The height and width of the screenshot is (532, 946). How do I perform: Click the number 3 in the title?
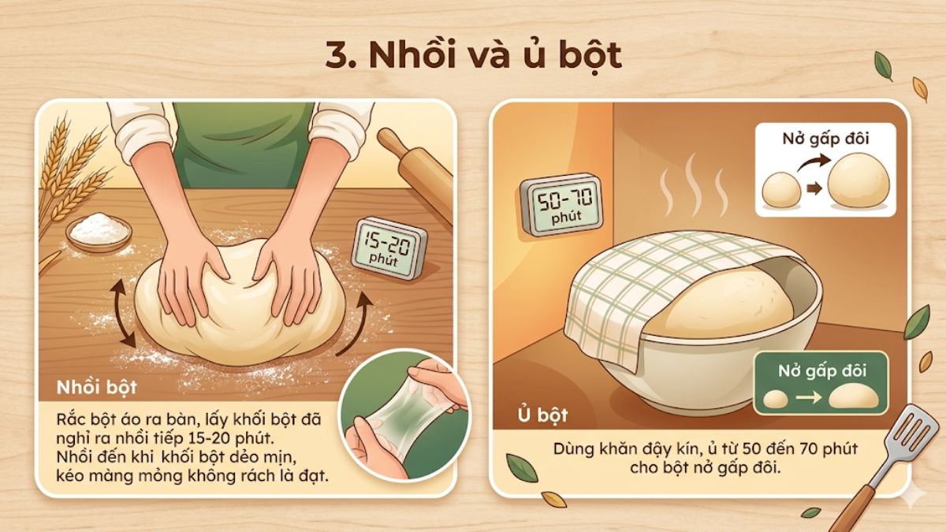click(x=334, y=55)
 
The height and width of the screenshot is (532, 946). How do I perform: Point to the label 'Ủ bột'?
click(x=542, y=414)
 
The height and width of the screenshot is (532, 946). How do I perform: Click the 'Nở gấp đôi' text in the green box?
click(x=821, y=370)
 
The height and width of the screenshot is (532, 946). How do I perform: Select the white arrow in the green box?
click(x=805, y=397)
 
